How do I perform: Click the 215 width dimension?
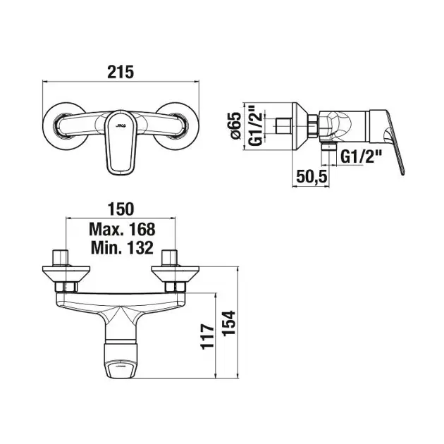click(x=121, y=72)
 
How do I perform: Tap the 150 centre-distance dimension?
click(x=121, y=209)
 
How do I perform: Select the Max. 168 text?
click(x=122, y=229)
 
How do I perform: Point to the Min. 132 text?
click(x=123, y=248)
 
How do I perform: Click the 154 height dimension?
click(x=229, y=323)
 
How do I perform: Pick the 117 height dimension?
click(x=208, y=337)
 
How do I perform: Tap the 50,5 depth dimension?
click(x=312, y=177)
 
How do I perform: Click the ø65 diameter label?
click(x=235, y=125)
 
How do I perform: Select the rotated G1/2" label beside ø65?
click(x=256, y=125)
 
